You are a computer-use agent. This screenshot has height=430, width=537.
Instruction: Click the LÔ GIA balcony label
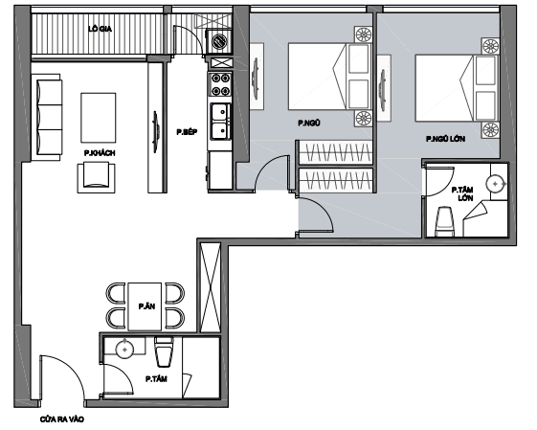[x=100, y=29]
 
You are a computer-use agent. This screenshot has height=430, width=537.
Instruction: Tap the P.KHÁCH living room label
[x=100, y=153]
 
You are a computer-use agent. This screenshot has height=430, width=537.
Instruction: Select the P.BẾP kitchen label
[x=187, y=132]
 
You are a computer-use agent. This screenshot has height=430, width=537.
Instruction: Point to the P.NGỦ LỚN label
[x=445, y=139]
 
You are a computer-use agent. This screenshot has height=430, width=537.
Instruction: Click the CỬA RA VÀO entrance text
[x=62, y=419]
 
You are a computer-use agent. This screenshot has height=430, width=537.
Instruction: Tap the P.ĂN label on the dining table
[x=146, y=306]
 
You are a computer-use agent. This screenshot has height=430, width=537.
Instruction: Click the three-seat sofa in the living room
[x=47, y=117]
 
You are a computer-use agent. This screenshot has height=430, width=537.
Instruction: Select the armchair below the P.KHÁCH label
[x=97, y=178]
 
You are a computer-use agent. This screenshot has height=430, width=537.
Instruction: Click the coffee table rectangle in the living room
[x=99, y=118]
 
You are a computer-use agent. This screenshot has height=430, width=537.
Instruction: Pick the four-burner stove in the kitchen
[x=220, y=84]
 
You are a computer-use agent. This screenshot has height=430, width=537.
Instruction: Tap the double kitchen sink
[x=220, y=122]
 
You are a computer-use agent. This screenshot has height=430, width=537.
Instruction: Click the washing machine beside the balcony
[x=219, y=41]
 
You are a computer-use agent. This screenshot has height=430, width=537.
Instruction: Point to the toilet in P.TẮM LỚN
[x=444, y=221]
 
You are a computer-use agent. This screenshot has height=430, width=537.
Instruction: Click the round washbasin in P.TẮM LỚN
[x=496, y=184]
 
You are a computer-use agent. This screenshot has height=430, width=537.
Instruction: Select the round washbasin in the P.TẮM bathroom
[x=124, y=350]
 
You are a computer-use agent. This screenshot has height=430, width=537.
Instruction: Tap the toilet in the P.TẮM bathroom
[x=165, y=351]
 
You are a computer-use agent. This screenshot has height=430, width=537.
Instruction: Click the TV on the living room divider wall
[x=156, y=131]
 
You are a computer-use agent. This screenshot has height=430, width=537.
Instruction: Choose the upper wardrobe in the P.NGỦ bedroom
[x=335, y=152]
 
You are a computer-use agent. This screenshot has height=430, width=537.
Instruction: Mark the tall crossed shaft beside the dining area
[x=210, y=287]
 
